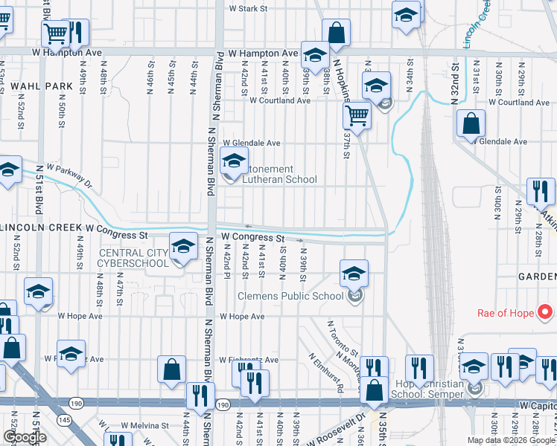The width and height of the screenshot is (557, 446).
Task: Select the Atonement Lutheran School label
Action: (275, 174)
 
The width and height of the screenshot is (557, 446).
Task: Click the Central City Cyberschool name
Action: (134, 258)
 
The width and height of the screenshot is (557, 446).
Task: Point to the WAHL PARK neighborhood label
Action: (42, 86)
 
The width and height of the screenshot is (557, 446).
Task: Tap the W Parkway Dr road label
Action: (69, 175)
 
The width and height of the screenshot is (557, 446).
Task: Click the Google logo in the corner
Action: (25, 438)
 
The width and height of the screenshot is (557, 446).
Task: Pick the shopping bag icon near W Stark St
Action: (336, 33)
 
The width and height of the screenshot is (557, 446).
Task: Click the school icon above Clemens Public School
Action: (354, 273)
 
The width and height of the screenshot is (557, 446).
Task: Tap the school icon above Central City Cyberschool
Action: (183, 247)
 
